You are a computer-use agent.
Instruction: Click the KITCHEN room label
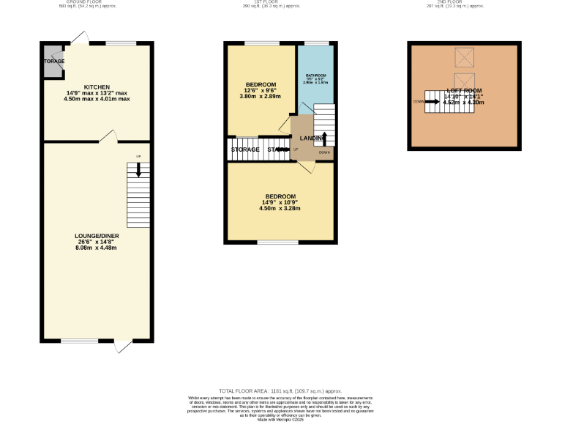pyautogui.click(x=97, y=86)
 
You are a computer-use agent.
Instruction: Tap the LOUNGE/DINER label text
pyautogui.click(x=97, y=236)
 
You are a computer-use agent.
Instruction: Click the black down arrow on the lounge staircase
pyautogui.click(x=139, y=170)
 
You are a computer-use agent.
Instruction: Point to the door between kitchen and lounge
pyautogui.click(x=108, y=136)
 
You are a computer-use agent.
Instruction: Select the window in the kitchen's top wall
pyautogui.click(x=121, y=43)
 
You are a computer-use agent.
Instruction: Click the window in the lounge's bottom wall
pyautogui.click(x=80, y=341)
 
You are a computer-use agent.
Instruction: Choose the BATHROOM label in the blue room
pyautogui.click(x=315, y=75)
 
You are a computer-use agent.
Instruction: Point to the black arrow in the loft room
pyautogui.click(x=431, y=102)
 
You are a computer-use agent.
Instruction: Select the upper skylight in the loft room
pyautogui.click(x=463, y=56)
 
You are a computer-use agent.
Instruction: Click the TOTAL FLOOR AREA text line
pyautogui.click(x=281, y=391)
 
